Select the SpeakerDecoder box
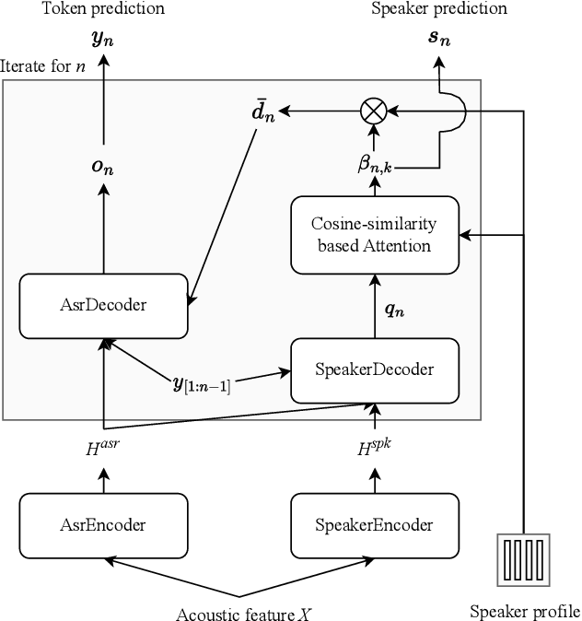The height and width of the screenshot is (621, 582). (x=374, y=369)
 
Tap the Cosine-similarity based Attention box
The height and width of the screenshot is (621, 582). (x=374, y=235)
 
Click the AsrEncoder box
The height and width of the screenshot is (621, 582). (x=103, y=524)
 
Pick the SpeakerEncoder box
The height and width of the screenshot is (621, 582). (x=374, y=524)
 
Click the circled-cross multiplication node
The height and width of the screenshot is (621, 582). (x=373, y=111)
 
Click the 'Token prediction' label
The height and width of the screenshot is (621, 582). (x=103, y=9)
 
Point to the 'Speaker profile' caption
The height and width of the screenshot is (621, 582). (x=525, y=611)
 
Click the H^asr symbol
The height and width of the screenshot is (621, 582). (x=102, y=449)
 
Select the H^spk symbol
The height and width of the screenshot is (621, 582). (x=374, y=449)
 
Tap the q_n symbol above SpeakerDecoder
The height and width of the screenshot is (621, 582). (x=393, y=310)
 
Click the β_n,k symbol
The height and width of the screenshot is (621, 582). (x=376, y=164)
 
